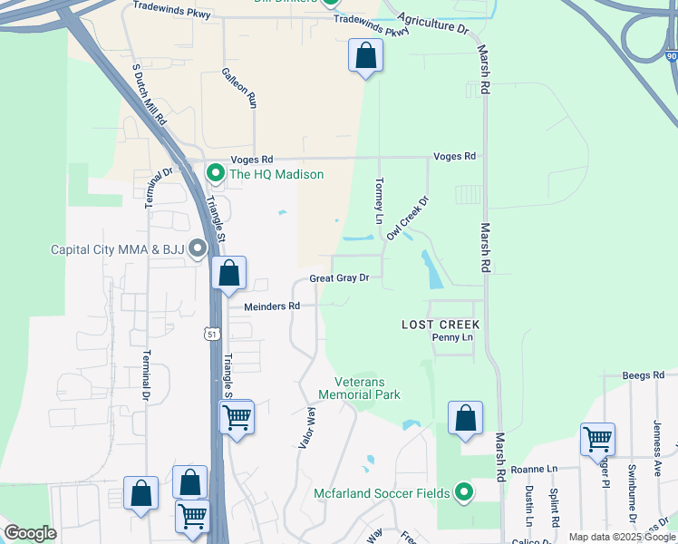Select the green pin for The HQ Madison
[x=216, y=172]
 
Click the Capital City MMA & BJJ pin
[x=197, y=249]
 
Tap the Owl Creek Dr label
[x=407, y=219]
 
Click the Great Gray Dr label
[x=340, y=278]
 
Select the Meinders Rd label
[x=272, y=306]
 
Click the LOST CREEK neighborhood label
[x=441, y=324]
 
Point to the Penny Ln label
[x=452, y=337]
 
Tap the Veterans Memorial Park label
[x=359, y=388]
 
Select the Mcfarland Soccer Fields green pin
[x=464, y=492]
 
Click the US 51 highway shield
[x=211, y=334]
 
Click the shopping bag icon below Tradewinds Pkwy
[x=365, y=56]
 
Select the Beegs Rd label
[x=644, y=374]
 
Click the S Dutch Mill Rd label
[x=150, y=94]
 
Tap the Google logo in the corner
[x=30, y=533]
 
